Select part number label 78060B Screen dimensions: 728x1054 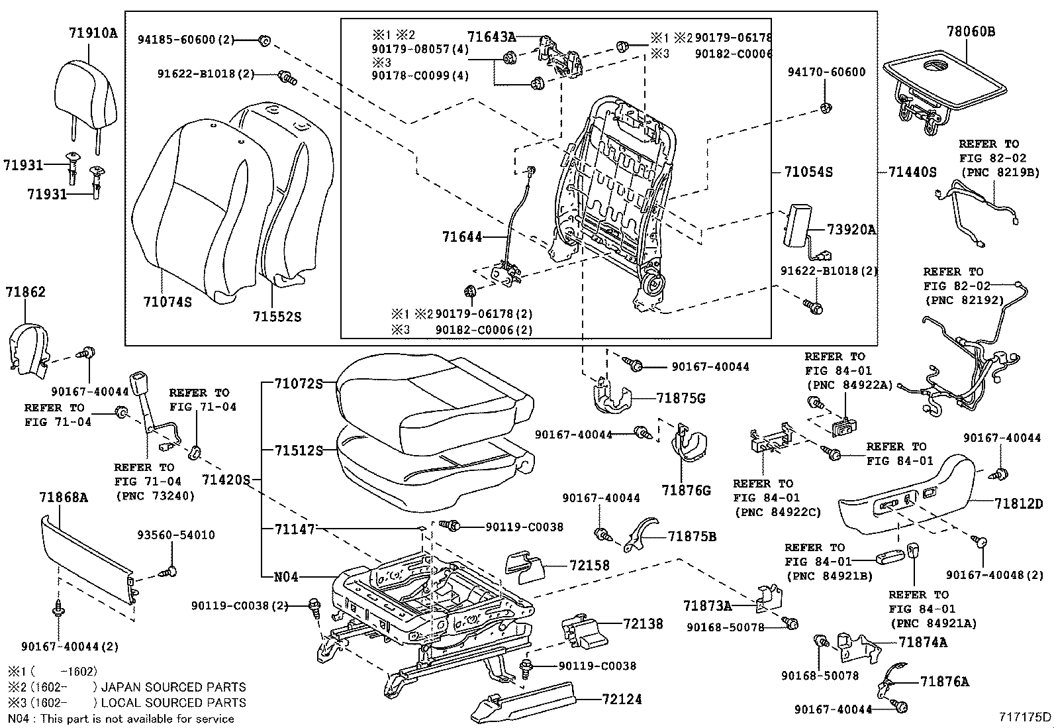(970, 32)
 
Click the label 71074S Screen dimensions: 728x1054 (168, 302)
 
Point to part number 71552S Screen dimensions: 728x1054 (277, 317)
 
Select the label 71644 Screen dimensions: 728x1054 (462, 236)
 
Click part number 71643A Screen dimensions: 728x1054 (491, 37)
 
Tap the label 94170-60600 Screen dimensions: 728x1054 (826, 72)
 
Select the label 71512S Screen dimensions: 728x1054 (299, 450)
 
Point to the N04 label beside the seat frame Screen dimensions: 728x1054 (286, 576)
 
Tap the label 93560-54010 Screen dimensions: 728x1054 (176, 535)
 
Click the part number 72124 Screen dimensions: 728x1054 (622, 699)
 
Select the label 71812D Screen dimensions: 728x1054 (1018, 503)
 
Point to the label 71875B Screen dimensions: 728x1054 (692, 537)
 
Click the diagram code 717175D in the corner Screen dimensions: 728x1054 (1025, 717)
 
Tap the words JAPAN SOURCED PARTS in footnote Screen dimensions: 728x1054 (173, 688)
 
